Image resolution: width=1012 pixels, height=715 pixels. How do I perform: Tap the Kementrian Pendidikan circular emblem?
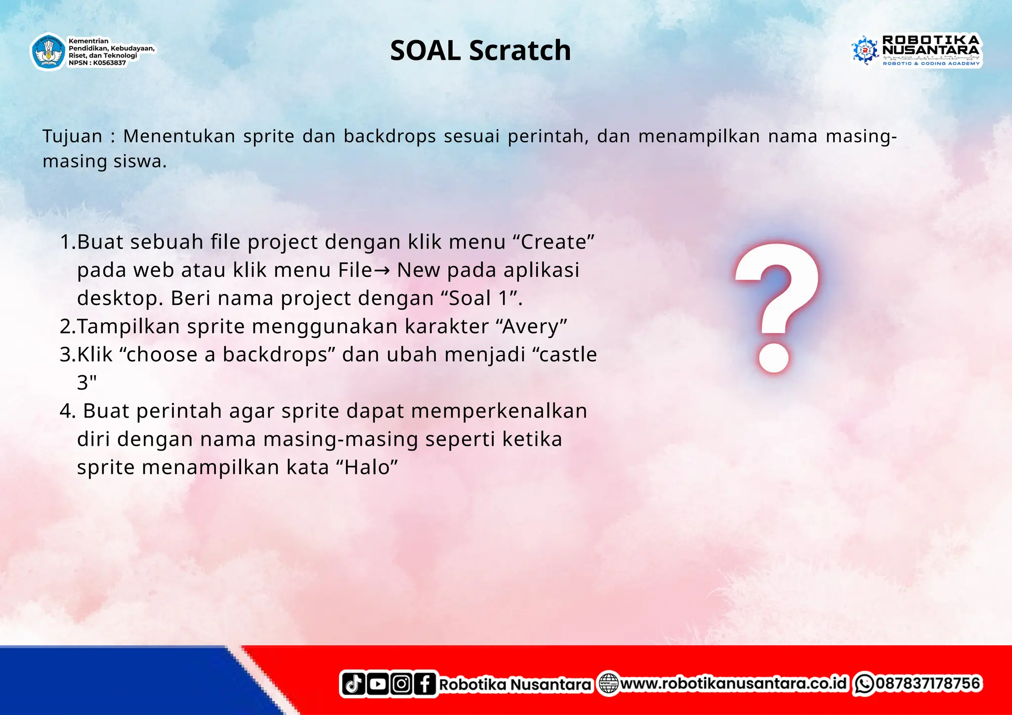pos(48,51)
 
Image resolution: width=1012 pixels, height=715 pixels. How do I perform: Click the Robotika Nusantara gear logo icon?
pos(864,50)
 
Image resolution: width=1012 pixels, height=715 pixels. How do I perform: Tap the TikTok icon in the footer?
pos(353,684)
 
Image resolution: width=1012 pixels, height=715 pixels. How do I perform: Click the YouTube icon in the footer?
pos(378,684)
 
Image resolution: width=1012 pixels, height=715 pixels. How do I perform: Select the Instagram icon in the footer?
pos(401,684)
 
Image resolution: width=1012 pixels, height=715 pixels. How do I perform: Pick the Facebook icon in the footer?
pos(425,684)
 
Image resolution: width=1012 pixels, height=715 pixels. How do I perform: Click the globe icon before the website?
pos(608,684)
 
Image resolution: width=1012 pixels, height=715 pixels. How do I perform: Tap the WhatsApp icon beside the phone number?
pos(864,684)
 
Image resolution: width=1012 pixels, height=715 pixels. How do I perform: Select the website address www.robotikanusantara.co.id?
pos(733,683)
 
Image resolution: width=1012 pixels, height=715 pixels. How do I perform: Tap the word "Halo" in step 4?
pos(367,467)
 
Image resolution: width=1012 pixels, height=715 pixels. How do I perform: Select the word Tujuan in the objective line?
pos(72,136)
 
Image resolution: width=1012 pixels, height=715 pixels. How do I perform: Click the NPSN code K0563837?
pos(109,63)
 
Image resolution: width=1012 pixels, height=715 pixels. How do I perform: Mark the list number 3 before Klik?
pos(66,355)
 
